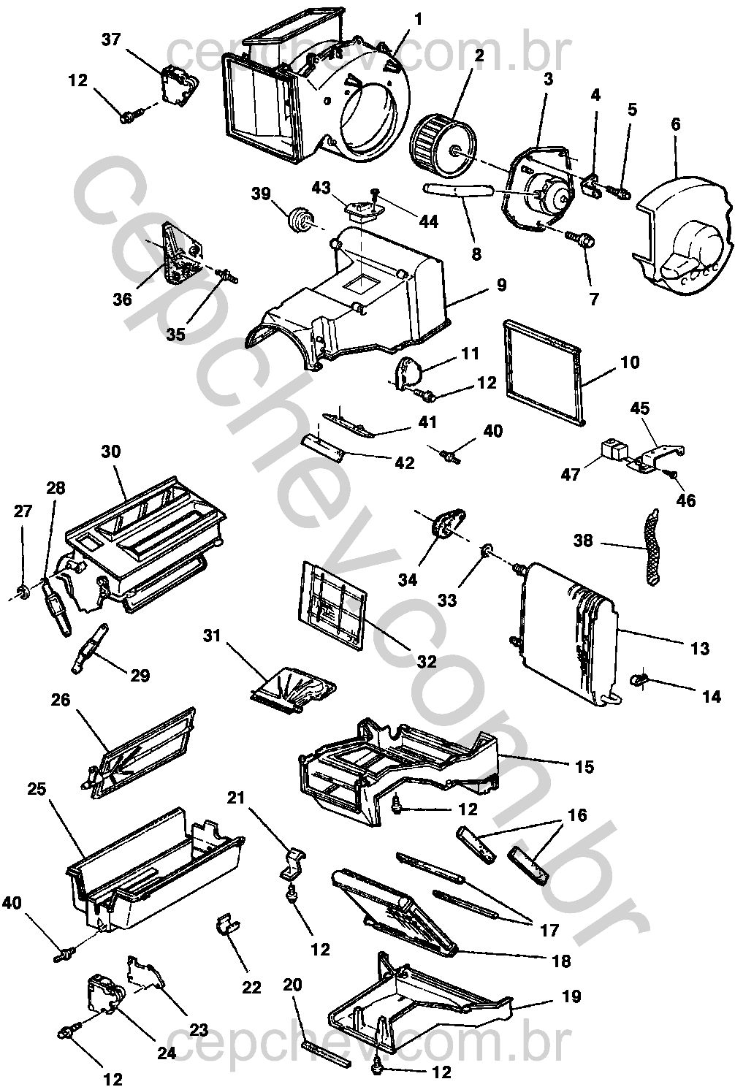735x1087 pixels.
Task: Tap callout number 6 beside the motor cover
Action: click(676, 125)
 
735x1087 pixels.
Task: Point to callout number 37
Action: click(110, 39)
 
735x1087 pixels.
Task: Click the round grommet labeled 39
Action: click(300, 219)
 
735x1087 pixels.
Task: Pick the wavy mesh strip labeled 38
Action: click(650, 546)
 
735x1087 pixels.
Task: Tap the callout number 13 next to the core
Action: click(699, 648)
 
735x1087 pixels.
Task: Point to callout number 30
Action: click(111, 451)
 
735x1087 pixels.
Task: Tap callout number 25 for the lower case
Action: click(37, 789)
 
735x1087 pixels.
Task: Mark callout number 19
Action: click(571, 996)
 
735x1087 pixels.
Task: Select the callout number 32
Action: click(426, 661)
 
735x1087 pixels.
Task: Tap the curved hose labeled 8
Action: click(458, 189)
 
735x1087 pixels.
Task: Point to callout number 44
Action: click(428, 222)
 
